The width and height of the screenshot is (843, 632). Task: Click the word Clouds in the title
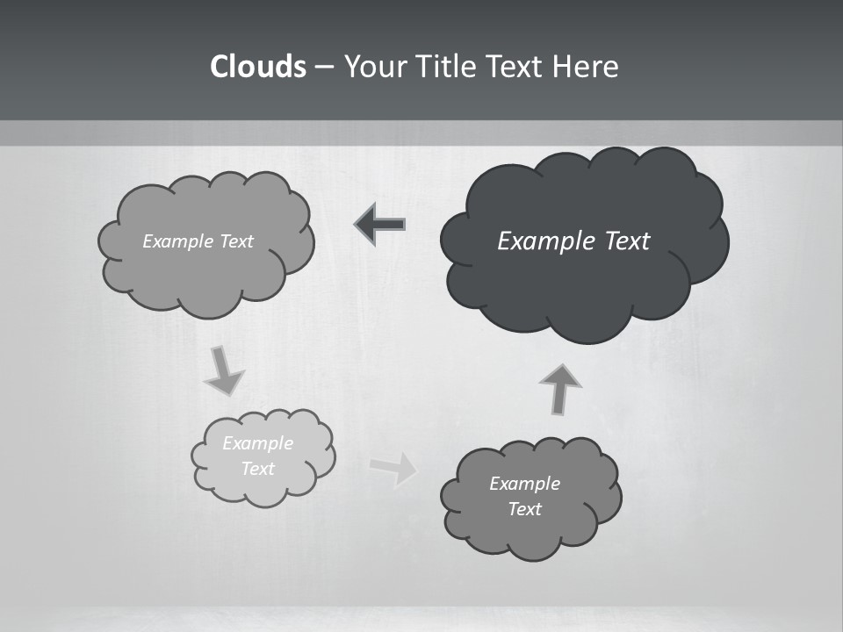[x=258, y=67]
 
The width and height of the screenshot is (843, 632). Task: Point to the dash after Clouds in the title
[x=323, y=68]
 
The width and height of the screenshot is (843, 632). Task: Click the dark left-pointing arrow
[x=380, y=225]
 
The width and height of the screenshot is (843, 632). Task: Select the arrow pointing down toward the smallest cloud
[x=223, y=370]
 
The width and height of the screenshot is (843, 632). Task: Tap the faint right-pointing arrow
[x=394, y=468]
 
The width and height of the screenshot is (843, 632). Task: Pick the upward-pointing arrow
[x=559, y=388]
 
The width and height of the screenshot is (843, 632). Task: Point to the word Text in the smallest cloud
[x=258, y=469]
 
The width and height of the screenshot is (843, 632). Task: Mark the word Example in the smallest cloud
[x=258, y=443]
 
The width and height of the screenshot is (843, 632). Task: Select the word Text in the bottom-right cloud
[x=524, y=509]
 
